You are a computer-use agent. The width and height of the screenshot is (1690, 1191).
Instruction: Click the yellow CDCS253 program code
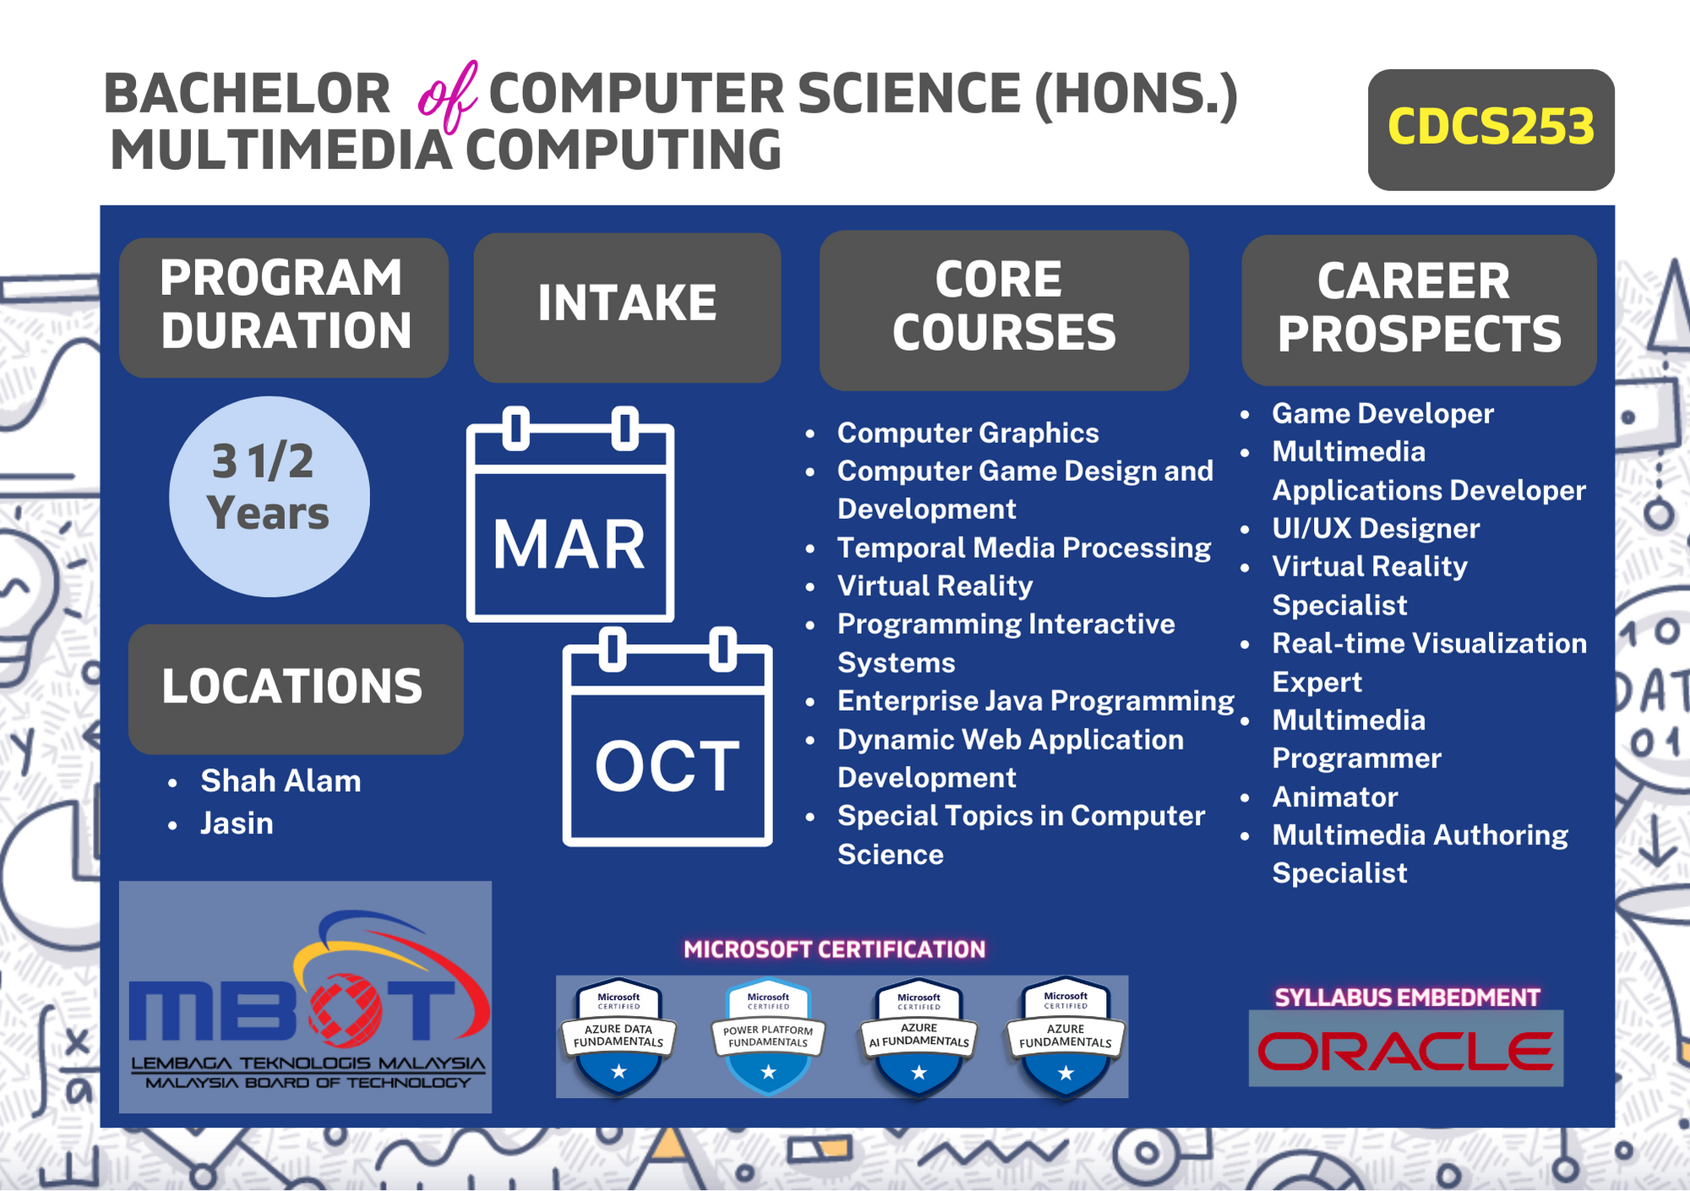(1491, 127)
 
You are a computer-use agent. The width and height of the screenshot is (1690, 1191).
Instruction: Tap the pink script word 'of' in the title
(448, 97)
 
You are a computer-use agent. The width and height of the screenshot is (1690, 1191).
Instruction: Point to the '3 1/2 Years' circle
(270, 497)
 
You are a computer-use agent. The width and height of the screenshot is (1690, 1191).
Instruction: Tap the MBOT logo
(305, 997)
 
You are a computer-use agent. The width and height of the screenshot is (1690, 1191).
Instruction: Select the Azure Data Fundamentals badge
(619, 1037)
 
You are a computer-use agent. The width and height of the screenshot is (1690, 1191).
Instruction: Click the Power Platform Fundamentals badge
(768, 1037)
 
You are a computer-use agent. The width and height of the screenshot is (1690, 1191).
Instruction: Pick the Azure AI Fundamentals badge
(919, 1037)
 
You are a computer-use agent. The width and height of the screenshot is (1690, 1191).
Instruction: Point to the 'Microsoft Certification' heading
(834, 949)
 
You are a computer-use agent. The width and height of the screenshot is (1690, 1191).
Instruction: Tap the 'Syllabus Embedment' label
(1407, 997)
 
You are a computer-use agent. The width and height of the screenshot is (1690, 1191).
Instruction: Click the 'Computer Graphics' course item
(968, 433)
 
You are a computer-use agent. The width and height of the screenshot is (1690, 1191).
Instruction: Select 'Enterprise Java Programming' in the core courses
(1036, 701)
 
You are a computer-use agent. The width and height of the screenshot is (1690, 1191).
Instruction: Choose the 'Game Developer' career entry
(1382, 413)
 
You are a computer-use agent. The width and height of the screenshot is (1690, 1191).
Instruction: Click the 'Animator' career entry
(1335, 796)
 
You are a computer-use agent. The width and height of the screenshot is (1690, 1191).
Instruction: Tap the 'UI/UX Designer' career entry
(1376, 528)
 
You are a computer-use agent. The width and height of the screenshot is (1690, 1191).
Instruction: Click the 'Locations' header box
(296, 689)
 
